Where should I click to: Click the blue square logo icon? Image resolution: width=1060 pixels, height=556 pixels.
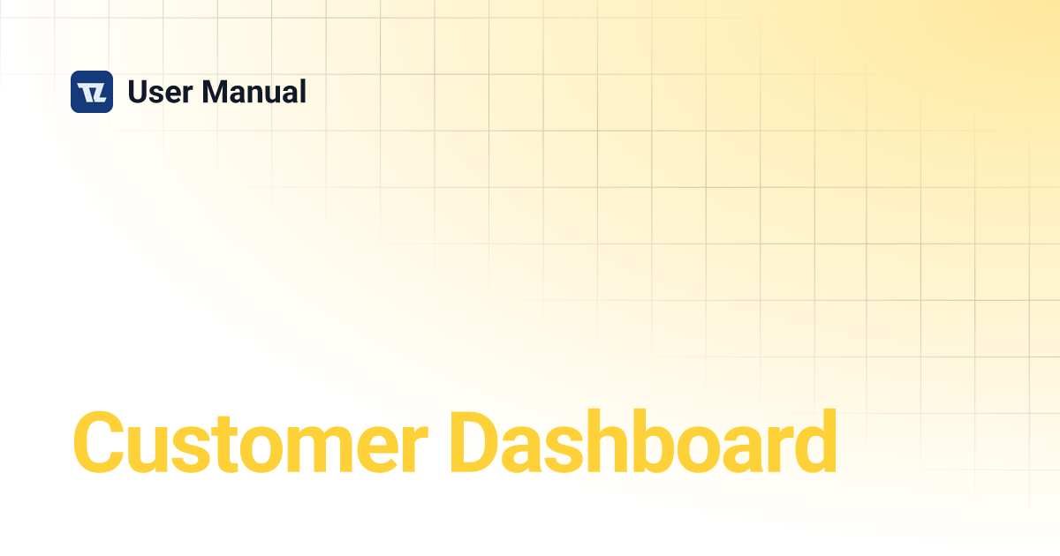tap(92, 92)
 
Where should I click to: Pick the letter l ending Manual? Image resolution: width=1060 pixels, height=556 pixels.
tap(302, 91)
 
